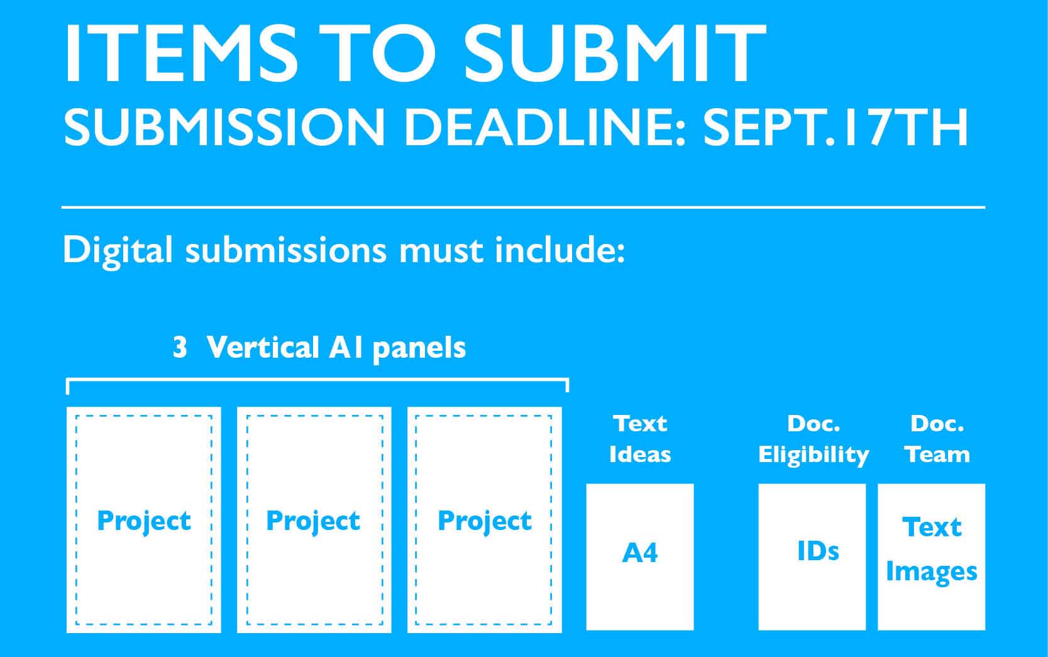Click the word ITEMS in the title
tap(180, 52)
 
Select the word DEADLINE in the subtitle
tap(544, 127)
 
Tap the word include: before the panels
tap(560, 250)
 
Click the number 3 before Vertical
tap(180, 348)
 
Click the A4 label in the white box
tap(639, 553)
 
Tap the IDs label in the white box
tap(818, 551)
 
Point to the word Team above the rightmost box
tap(937, 455)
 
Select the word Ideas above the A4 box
tap(640, 455)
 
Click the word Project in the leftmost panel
tap(144, 521)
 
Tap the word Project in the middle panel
tap(313, 521)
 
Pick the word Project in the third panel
tap(485, 521)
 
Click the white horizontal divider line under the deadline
tap(523, 207)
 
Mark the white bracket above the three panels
tap(317, 379)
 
